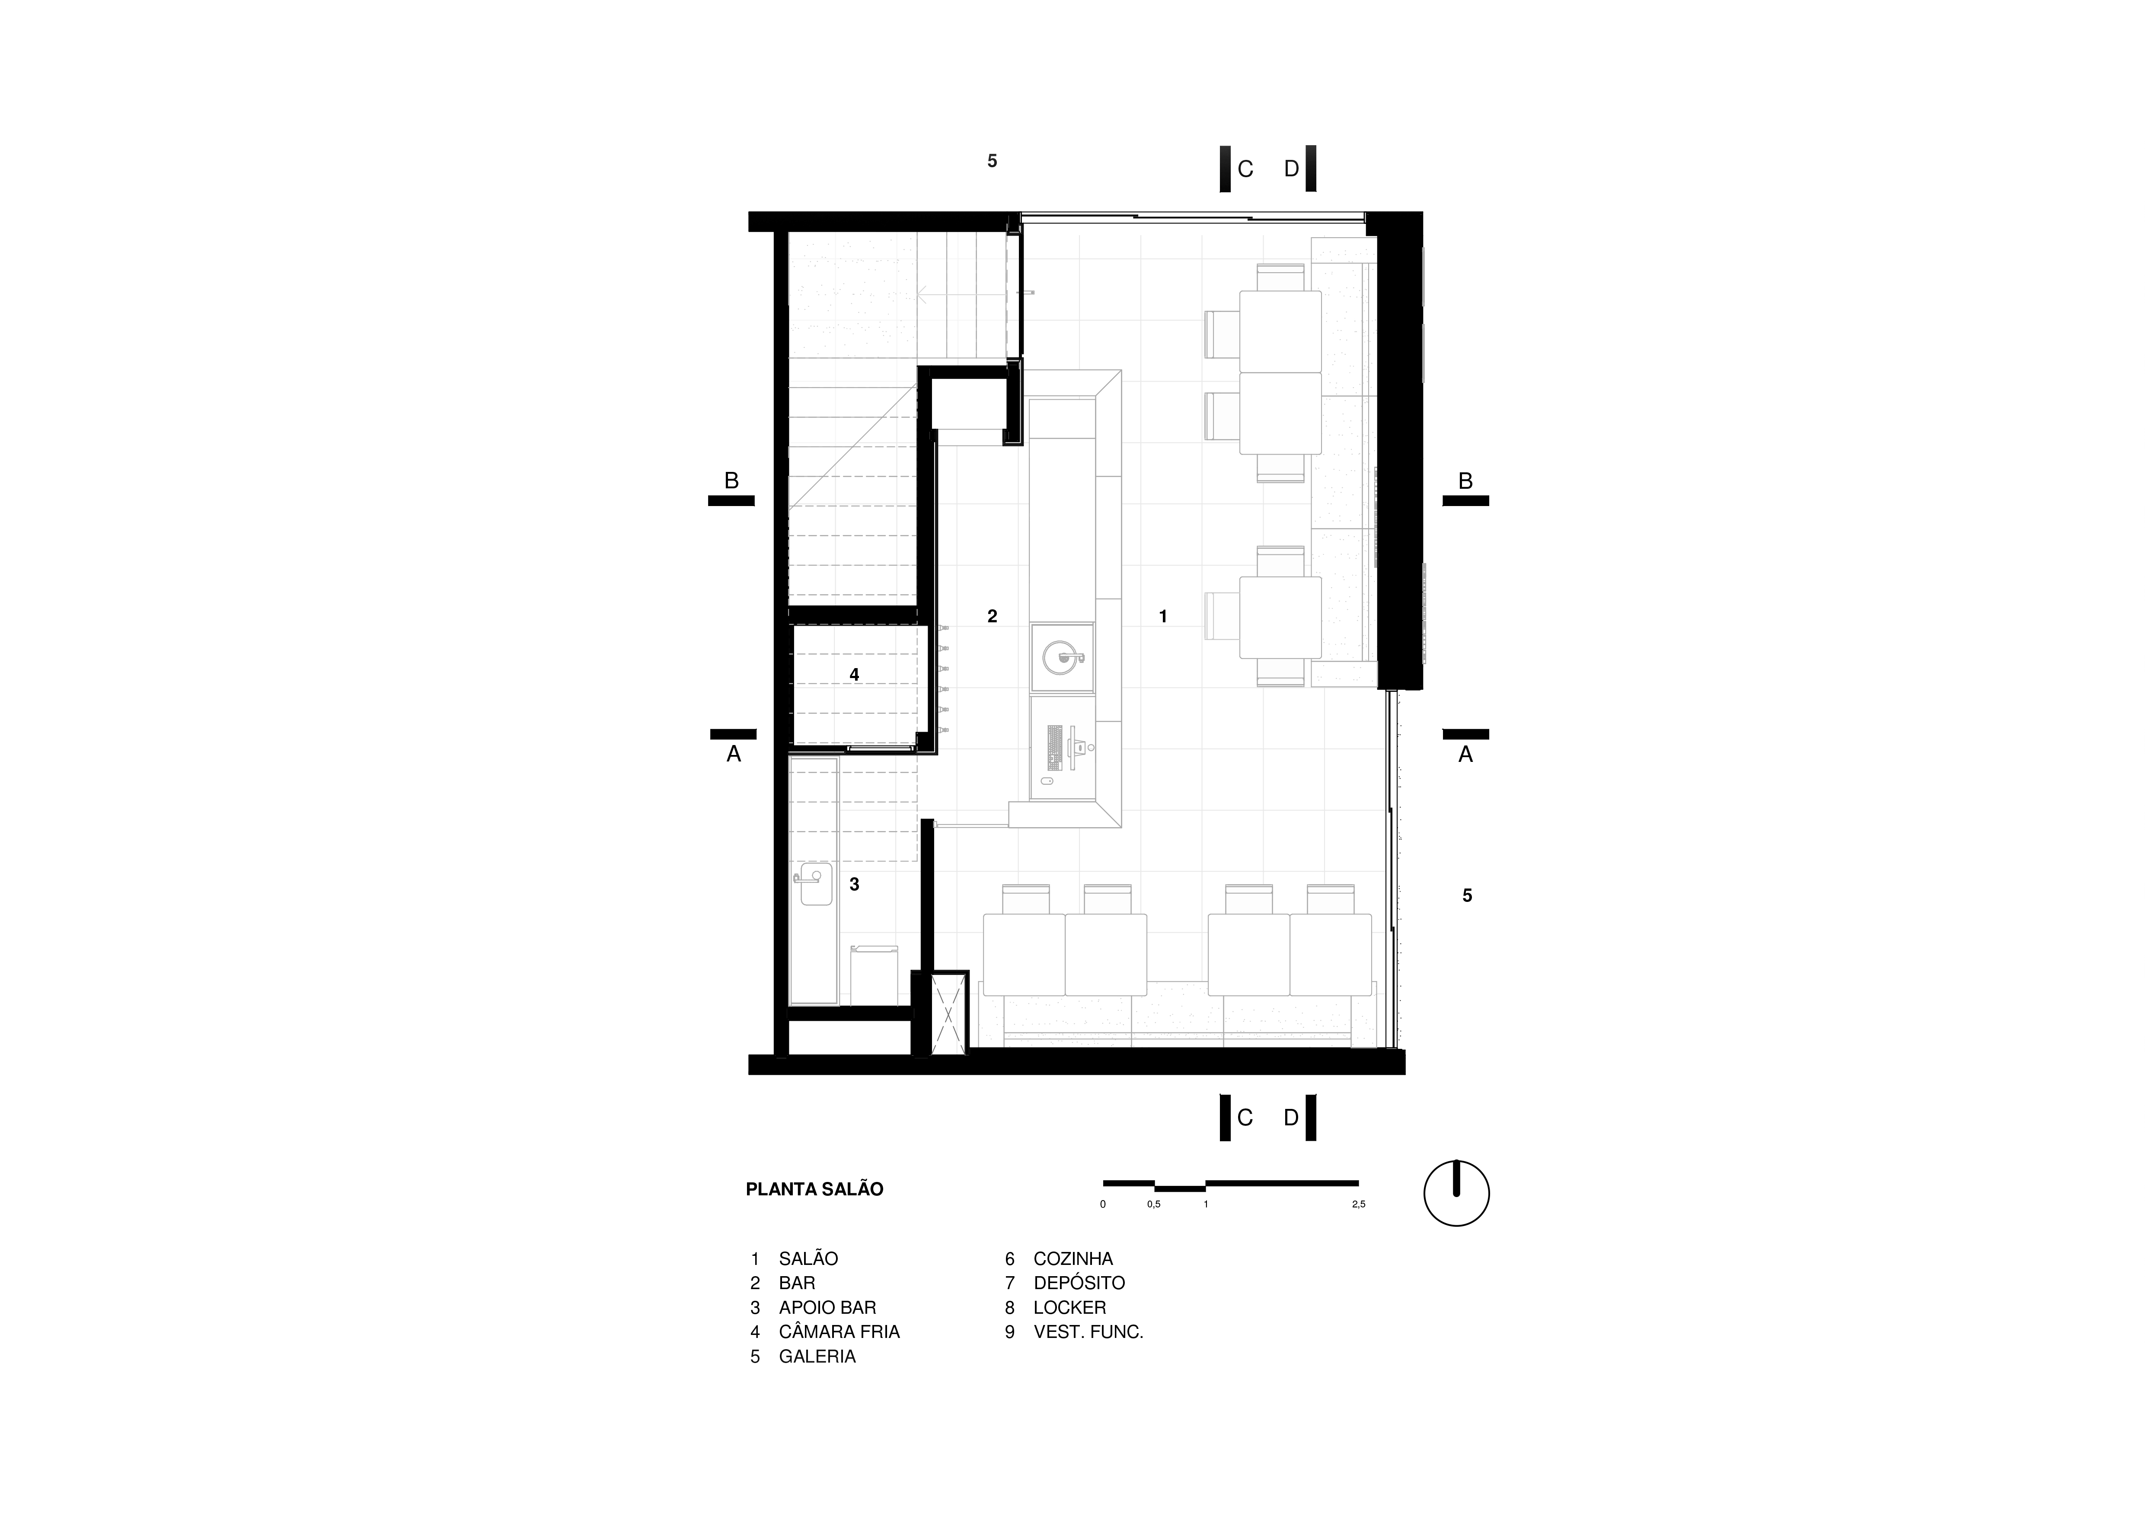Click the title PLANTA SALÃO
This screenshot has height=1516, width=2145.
(x=814, y=1189)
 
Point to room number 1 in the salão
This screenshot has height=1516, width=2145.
(x=1163, y=617)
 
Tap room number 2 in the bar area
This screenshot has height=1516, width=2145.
(x=992, y=617)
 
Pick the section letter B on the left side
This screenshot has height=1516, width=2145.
(x=731, y=481)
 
